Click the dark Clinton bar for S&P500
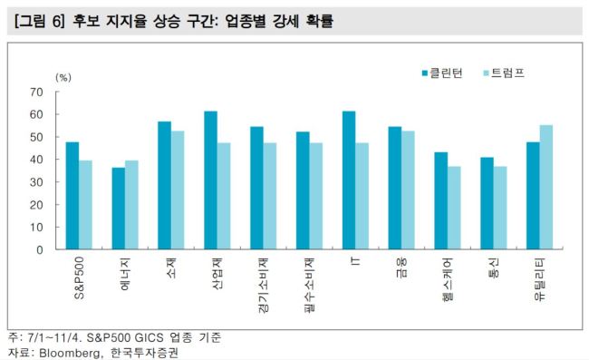tap(72, 195)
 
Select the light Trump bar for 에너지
tap(131, 205)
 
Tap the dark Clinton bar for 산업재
tap(211, 180)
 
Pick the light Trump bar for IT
tap(362, 196)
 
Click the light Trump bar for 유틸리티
tap(546, 187)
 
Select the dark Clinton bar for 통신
tap(488, 203)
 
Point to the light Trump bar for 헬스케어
tap(454, 208)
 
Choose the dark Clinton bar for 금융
tap(395, 188)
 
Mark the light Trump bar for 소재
tap(178, 190)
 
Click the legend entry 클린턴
tap(442, 73)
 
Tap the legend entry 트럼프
tap(504, 73)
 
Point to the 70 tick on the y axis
tap(36, 92)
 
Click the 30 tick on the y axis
tap(36, 182)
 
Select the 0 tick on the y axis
tap(40, 250)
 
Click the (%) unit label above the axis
tap(63, 77)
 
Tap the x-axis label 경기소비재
tap(264, 286)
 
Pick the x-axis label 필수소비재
tap(310, 286)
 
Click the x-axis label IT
tap(355, 261)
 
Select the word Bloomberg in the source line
tap(70, 354)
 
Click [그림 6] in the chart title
tap(40, 21)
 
